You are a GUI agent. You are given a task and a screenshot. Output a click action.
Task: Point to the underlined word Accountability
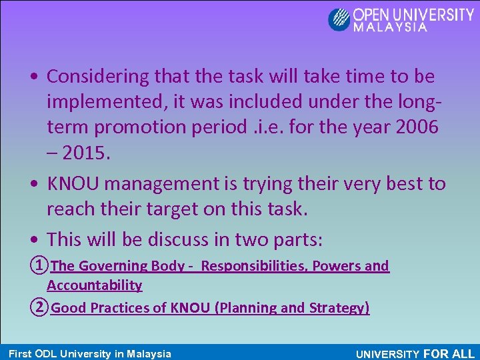pos(95,285)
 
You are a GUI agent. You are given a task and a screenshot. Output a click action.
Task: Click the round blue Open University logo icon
pos(339,19)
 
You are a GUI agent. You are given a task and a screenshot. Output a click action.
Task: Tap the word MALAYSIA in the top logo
pos(390,29)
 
